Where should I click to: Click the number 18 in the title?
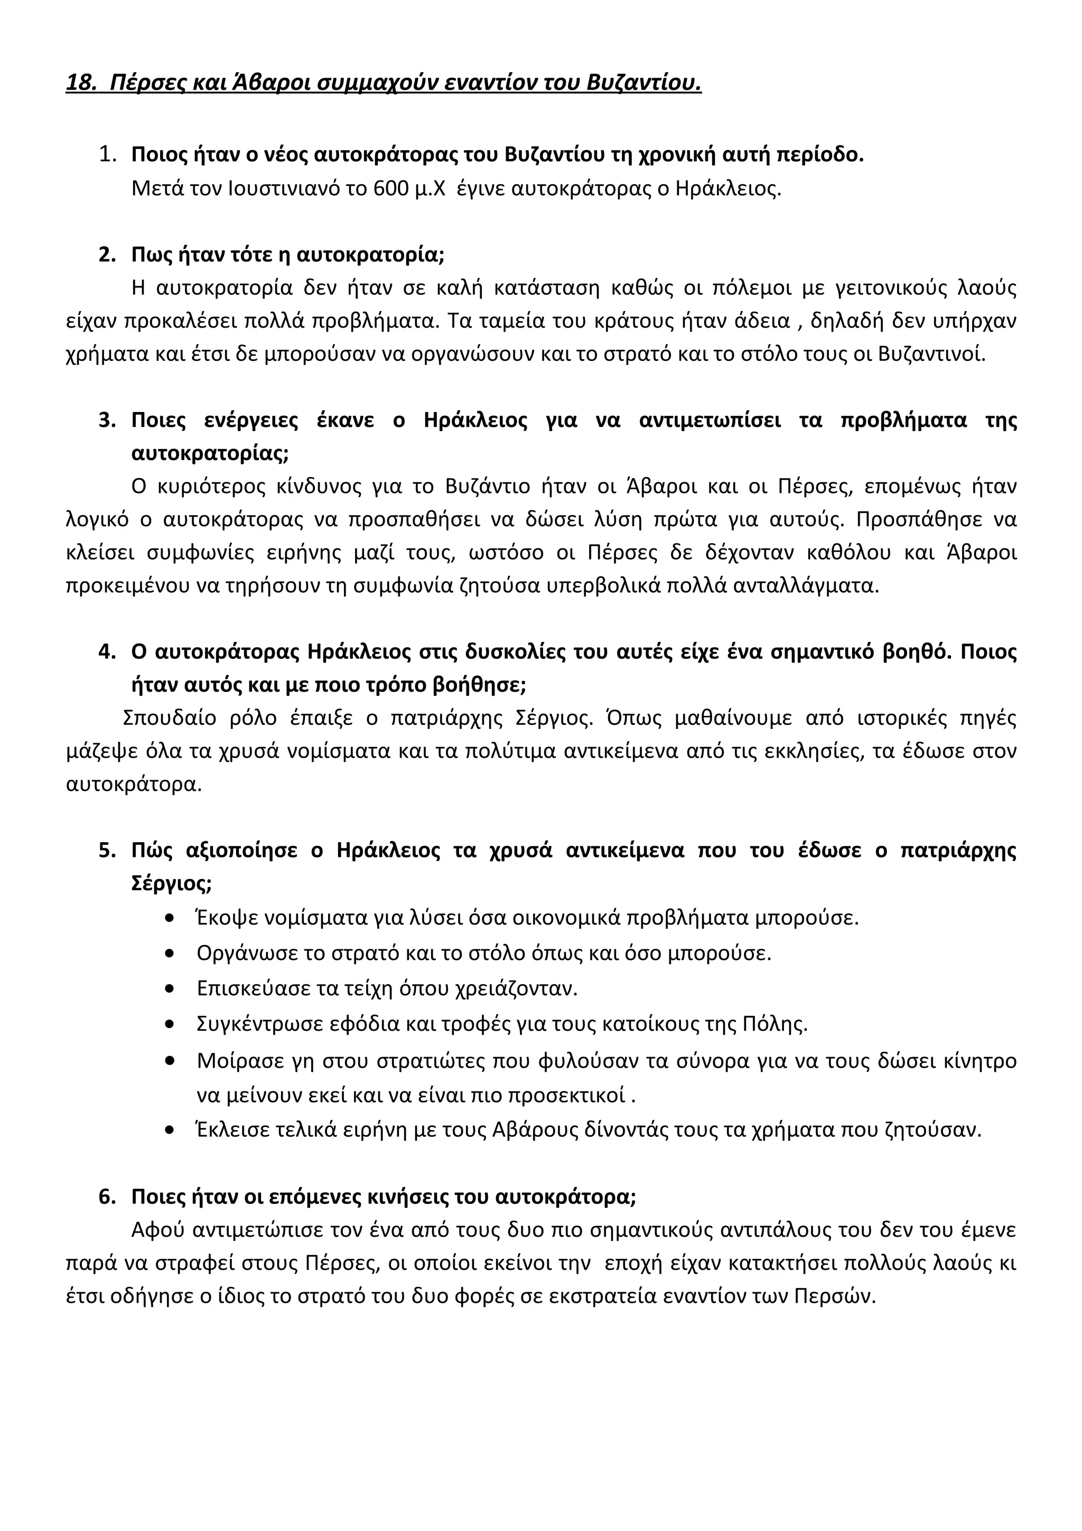tap(79, 83)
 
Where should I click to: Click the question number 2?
tap(107, 255)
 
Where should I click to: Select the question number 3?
tap(107, 421)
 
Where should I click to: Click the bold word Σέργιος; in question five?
tap(171, 883)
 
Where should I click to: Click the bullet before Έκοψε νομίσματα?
tap(170, 919)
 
